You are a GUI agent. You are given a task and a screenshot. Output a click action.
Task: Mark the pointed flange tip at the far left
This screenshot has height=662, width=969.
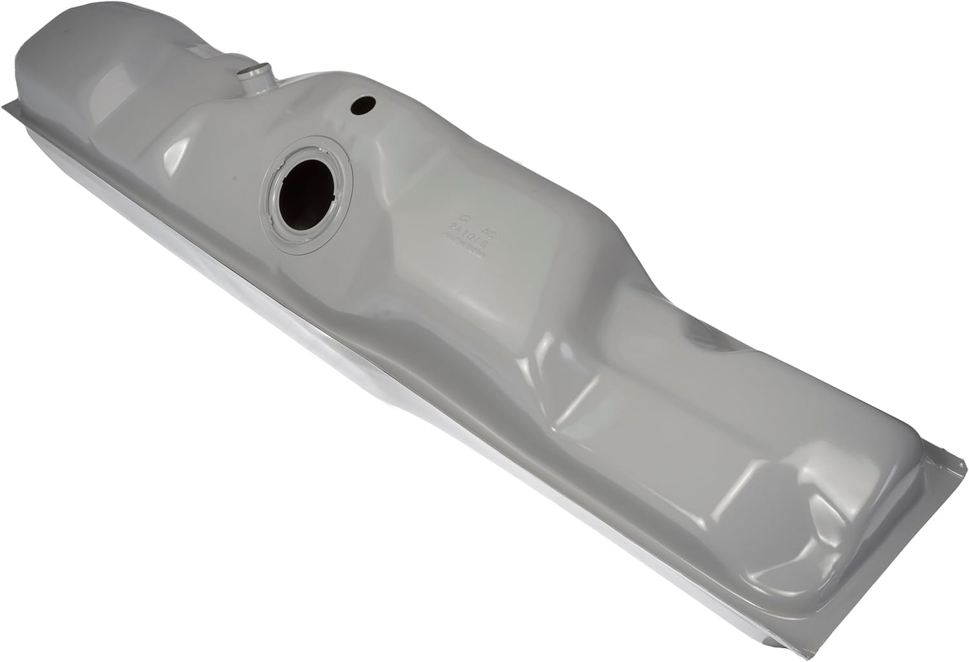click(5, 103)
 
